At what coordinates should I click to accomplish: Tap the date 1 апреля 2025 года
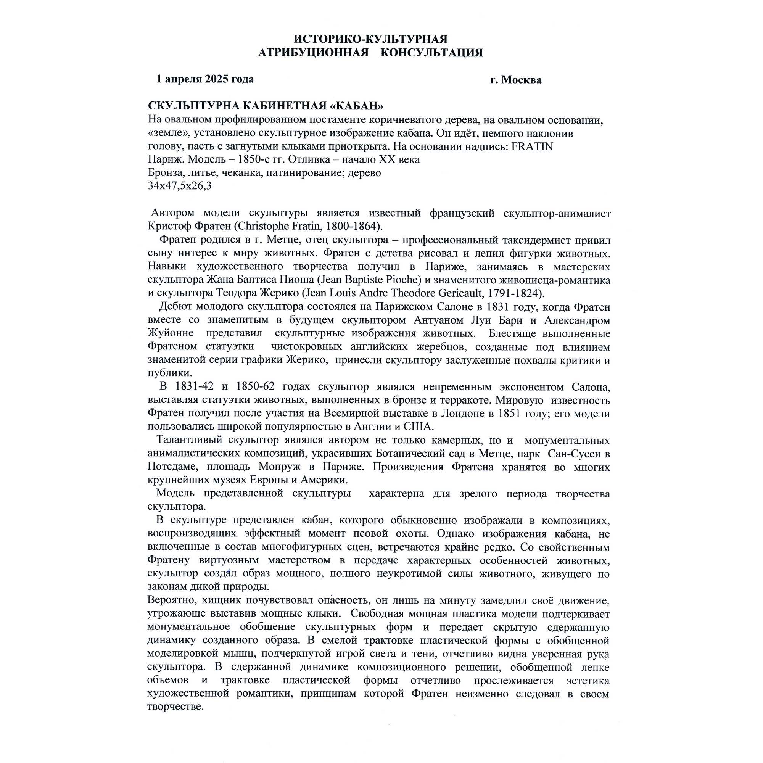click(205, 79)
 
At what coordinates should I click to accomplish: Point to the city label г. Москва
click(516, 80)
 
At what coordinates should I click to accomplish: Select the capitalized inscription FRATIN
click(532, 146)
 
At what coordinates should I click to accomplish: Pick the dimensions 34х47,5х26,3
click(179, 186)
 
